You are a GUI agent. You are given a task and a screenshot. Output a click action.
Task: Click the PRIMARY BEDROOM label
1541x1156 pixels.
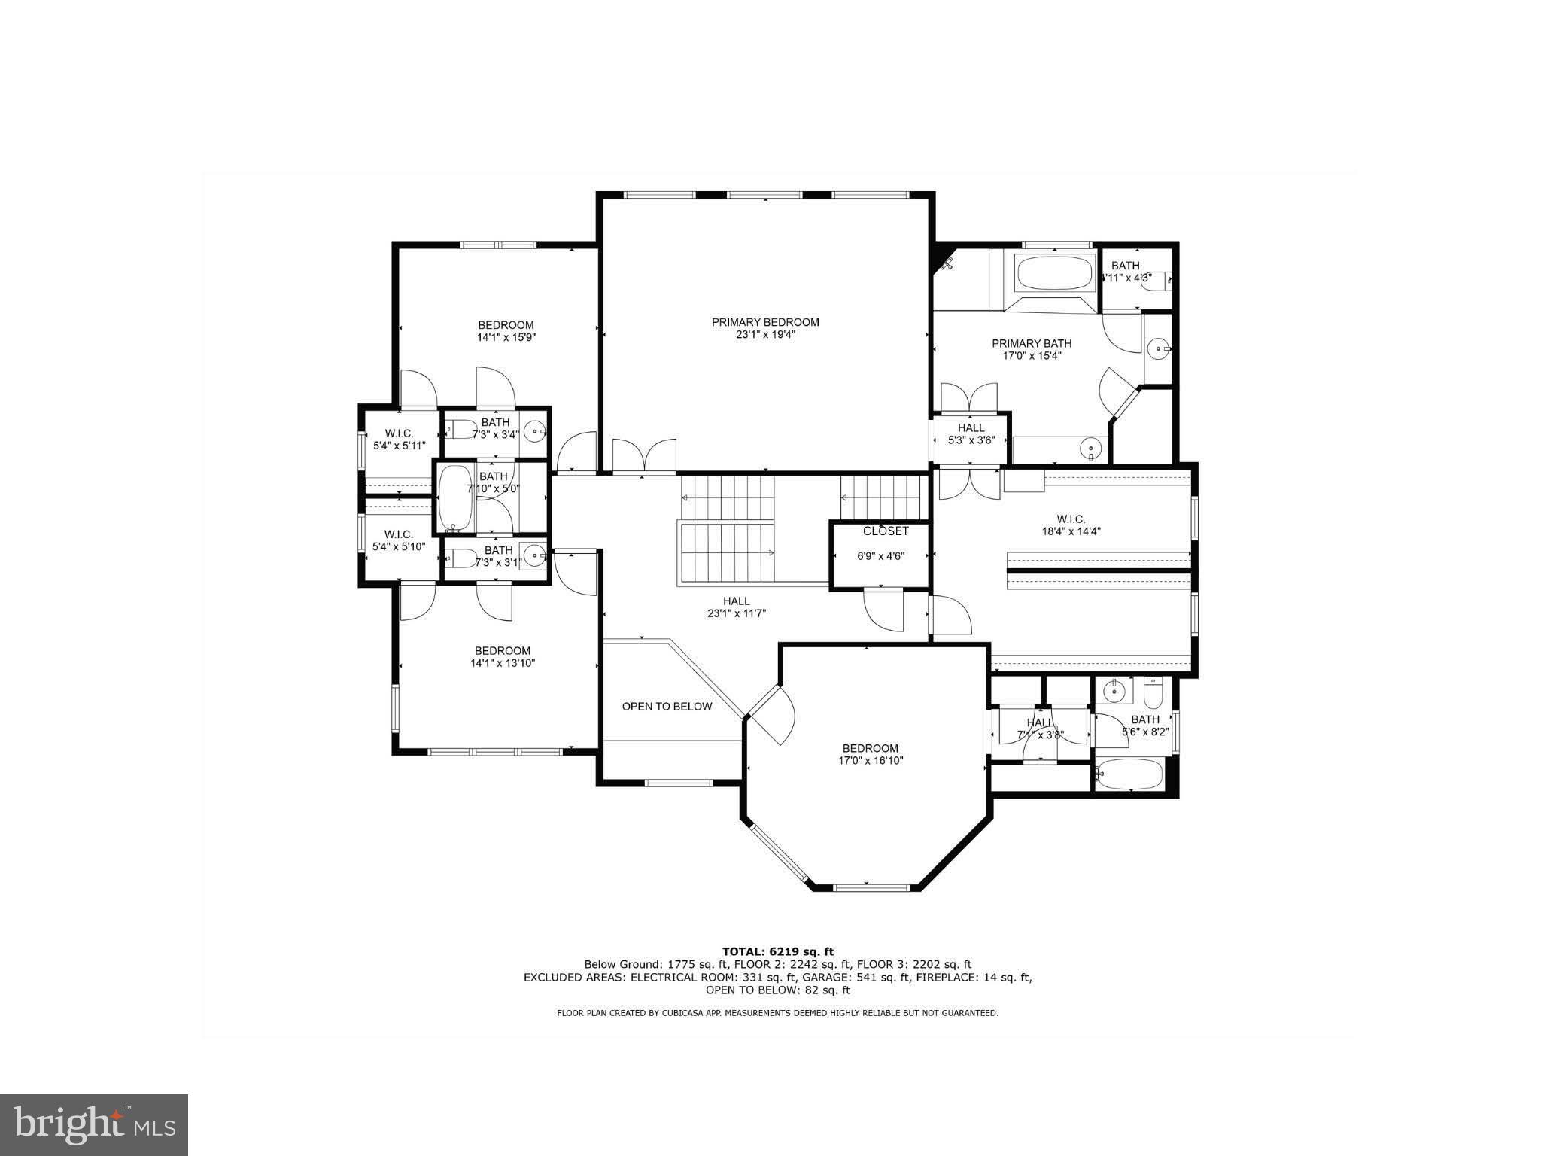[765, 322]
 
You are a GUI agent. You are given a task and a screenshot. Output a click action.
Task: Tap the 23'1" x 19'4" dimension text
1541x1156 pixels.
[765, 335]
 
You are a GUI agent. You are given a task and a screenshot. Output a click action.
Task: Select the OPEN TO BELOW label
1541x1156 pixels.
[667, 707]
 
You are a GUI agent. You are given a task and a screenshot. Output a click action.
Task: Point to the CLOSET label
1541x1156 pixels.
[886, 531]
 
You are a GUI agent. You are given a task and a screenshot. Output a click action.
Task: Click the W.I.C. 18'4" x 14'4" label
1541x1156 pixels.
[1070, 525]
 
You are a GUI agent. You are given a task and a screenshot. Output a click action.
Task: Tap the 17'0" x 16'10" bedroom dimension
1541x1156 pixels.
[871, 761]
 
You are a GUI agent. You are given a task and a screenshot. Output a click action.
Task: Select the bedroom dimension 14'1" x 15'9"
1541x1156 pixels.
[506, 338]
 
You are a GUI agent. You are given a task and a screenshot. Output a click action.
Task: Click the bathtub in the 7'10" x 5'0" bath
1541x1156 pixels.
[454, 497]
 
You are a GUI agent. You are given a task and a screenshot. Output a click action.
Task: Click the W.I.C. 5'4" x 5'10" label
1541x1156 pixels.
[398, 540]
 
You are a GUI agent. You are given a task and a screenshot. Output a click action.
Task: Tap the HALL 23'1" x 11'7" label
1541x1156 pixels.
[736, 607]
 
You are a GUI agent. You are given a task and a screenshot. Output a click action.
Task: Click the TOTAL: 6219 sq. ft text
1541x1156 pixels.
[777, 951]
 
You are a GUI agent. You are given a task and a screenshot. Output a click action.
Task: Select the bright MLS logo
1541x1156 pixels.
[94, 1125]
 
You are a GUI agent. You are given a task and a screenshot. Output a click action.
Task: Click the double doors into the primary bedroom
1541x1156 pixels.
[644, 456]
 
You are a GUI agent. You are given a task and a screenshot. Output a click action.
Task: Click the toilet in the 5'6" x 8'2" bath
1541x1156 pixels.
[1153, 689]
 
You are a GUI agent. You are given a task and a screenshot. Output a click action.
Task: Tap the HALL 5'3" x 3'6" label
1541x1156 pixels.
[971, 433]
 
